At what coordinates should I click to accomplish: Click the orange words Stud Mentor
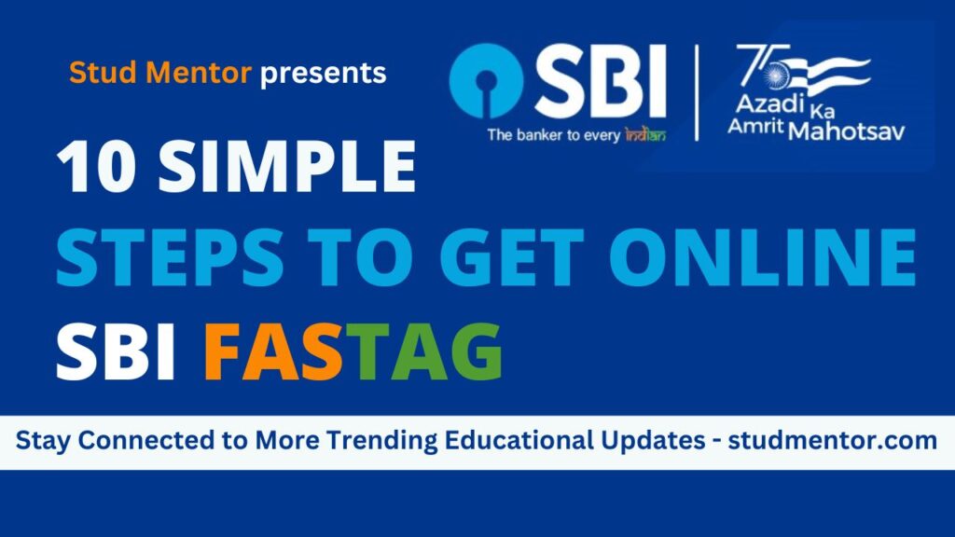pyautogui.click(x=159, y=73)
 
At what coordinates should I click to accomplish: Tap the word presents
pyautogui.click(x=323, y=73)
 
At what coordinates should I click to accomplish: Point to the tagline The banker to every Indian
pyautogui.click(x=575, y=134)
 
